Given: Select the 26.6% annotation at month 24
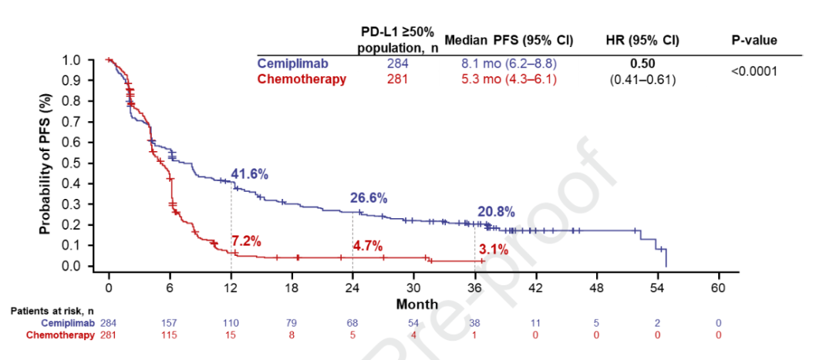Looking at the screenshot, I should tap(370, 198).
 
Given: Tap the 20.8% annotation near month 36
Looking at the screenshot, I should tap(494, 212).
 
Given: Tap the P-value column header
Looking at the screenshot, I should tap(754, 40).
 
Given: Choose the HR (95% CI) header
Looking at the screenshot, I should tap(643, 40).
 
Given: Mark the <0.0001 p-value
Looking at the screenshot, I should tap(754, 71).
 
